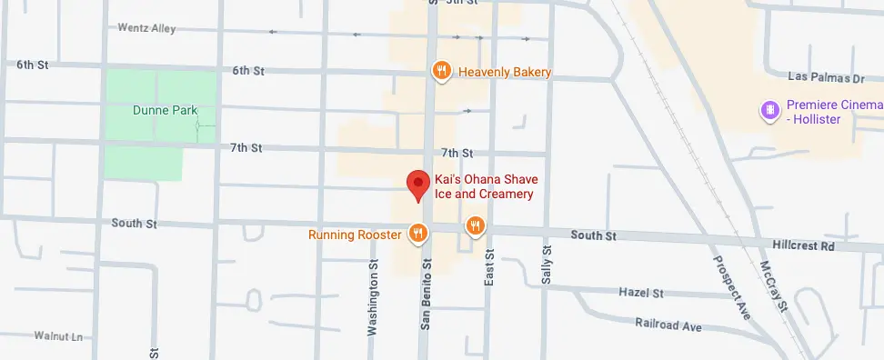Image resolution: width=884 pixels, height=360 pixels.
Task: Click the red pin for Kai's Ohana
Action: click(417, 185)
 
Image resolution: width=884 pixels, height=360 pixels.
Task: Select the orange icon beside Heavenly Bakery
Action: click(441, 72)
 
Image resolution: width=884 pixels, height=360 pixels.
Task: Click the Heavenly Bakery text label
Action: click(505, 73)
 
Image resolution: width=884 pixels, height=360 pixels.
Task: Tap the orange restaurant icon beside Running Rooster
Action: click(417, 234)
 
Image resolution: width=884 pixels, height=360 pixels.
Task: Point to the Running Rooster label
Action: click(355, 235)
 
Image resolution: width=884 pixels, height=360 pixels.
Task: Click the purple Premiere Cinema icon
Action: click(769, 112)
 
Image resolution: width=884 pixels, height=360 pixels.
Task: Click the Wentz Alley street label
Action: click(146, 28)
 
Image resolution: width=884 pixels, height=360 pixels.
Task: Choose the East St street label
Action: click(489, 269)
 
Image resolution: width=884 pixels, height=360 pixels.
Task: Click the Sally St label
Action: click(547, 264)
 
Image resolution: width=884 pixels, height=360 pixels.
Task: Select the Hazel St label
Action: click(641, 294)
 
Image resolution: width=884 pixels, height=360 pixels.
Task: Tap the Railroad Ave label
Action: click(668, 324)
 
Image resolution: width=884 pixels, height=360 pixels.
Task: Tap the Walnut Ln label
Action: click(58, 336)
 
